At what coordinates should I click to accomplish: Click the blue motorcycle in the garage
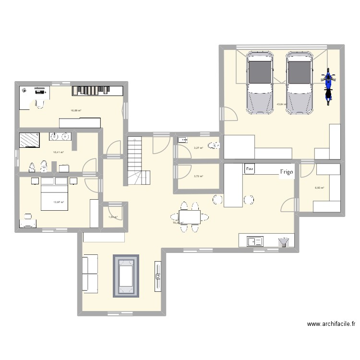(x=328, y=86)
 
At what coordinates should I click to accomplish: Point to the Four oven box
(x=250, y=169)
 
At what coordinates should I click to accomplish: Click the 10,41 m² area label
(x=58, y=152)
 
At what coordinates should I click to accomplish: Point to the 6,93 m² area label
(x=320, y=188)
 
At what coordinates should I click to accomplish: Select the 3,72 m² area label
(x=198, y=176)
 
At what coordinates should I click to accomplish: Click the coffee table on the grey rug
(x=126, y=276)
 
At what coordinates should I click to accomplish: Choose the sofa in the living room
(x=90, y=274)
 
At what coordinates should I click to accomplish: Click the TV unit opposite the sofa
(x=157, y=276)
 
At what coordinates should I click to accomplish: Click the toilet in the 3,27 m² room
(x=213, y=146)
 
